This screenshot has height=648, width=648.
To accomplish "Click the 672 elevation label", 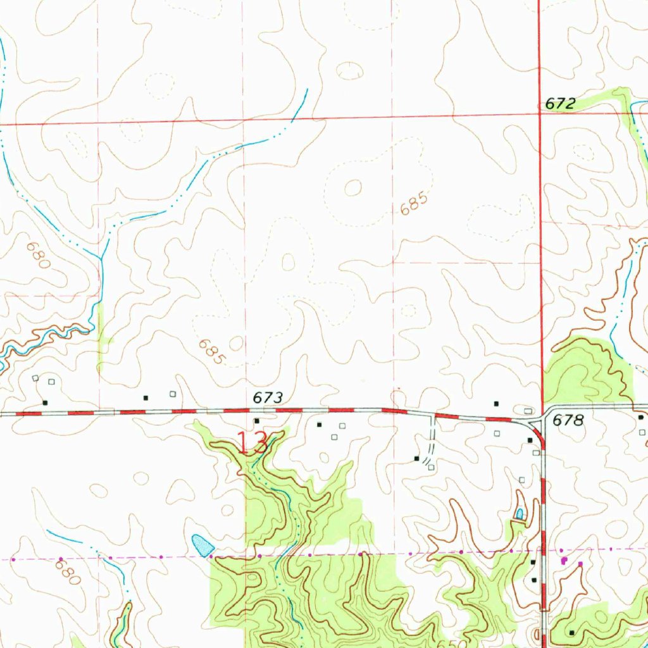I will tap(560, 104).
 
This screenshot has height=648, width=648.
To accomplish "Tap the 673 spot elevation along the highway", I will tap(266, 398).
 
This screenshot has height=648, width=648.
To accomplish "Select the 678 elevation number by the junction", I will tap(567, 420).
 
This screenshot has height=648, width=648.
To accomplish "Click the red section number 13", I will tap(254, 443).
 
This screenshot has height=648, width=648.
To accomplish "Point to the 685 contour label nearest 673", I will tap(211, 352).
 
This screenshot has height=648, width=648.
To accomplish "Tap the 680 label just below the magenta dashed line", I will tap(68, 573).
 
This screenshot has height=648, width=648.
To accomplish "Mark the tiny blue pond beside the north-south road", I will tap(520, 514).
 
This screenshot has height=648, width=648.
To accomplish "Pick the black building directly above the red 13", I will tap(257, 421).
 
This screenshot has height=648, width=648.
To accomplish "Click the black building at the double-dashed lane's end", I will tap(416, 458).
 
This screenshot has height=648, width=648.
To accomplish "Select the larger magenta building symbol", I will tap(564, 561).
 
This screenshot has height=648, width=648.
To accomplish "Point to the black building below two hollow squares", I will tap(44, 402).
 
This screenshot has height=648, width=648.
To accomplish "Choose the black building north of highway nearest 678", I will tap(496, 403).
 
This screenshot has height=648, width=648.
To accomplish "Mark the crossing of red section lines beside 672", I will tap(540, 114).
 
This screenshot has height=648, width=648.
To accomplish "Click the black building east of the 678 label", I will tap(640, 418).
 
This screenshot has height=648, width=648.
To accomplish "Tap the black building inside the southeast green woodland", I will tap(572, 633).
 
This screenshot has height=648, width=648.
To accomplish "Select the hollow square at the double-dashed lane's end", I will tap(430, 468).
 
